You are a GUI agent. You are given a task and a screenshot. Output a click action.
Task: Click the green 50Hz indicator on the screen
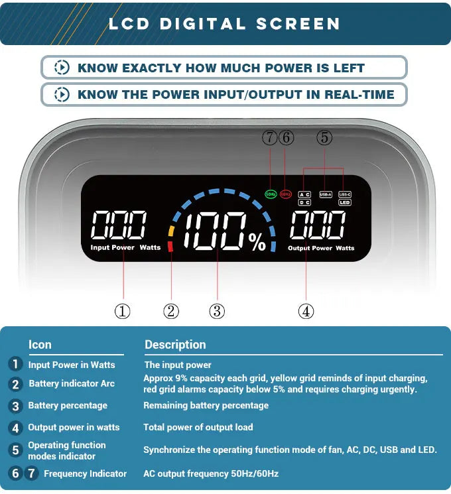270,194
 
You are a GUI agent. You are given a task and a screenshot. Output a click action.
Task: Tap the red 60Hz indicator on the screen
286,194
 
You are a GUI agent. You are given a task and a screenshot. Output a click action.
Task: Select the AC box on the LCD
304,194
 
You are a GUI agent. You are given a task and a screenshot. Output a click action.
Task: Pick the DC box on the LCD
304,202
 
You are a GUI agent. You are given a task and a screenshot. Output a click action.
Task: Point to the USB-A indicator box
325,194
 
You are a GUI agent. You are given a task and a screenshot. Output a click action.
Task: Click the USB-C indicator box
344,194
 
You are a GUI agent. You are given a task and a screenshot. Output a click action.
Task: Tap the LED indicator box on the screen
344,202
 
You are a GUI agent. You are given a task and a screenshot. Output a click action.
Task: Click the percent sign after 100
257,243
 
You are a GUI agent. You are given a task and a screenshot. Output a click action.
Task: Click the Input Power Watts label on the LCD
125,248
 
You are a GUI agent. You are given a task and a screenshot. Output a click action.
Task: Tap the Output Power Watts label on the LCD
321,248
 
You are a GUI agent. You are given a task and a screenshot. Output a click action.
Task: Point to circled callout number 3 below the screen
217,311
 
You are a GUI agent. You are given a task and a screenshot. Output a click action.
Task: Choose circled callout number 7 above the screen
269,138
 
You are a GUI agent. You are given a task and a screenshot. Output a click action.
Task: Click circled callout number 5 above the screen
324,138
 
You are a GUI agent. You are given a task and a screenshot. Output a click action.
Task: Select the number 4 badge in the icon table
15,428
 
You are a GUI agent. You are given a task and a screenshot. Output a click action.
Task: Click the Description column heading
175,345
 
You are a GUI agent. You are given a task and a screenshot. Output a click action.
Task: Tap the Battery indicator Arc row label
72,384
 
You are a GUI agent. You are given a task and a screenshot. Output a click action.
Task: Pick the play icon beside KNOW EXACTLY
62,68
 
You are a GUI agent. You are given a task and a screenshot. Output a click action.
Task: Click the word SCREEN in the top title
298,24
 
